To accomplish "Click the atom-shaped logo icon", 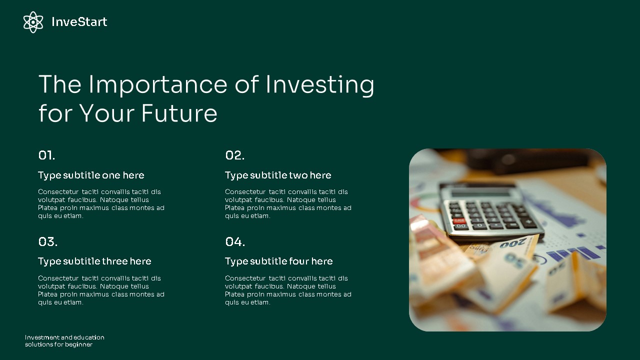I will pos(33,22).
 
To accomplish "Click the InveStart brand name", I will pos(79,22).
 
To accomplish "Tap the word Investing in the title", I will pos(319,84).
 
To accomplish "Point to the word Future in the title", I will pos(179,113).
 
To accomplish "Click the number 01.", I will pos(46,155).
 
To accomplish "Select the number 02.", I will pos(234,155).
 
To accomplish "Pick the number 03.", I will pos(47,242).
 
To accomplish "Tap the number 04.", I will pos(235,242).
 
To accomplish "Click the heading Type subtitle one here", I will pos(91,175).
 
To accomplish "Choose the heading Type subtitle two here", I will pos(278,175).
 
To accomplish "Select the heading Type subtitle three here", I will pos(94,261).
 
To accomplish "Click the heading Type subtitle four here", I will pos(278,261).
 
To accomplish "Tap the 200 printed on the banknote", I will pos(512,243).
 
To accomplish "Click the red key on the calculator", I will pos(458,220).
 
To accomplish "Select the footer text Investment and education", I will pos(64,337).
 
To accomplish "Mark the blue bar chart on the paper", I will pos(575,253).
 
